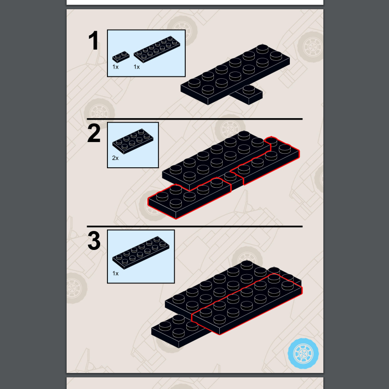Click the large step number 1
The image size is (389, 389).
coord(93,40)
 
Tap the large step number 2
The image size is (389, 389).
coord(94,133)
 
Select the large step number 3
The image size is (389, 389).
coord(94,241)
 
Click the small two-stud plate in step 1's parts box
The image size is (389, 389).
coord(121,56)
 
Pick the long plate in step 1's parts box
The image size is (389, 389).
coord(157,49)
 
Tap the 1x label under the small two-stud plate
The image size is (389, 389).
coord(115,67)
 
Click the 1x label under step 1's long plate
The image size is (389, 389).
coord(137,67)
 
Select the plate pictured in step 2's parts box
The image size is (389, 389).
coord(133,141)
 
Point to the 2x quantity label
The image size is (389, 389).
coord(115,158)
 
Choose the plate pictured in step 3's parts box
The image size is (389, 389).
coord(141,252)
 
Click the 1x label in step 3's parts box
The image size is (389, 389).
coord(115,273)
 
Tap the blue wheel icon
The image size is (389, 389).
coord(303,354)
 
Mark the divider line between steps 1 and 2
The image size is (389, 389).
coord(194,119)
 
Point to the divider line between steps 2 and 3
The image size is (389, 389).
coord(194,227)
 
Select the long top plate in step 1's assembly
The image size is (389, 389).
coord(235,74)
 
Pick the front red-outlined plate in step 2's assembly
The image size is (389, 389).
coord(189,198)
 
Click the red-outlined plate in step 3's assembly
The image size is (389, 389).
coord(247,304)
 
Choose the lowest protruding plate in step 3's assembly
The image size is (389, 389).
coord(178,331)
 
